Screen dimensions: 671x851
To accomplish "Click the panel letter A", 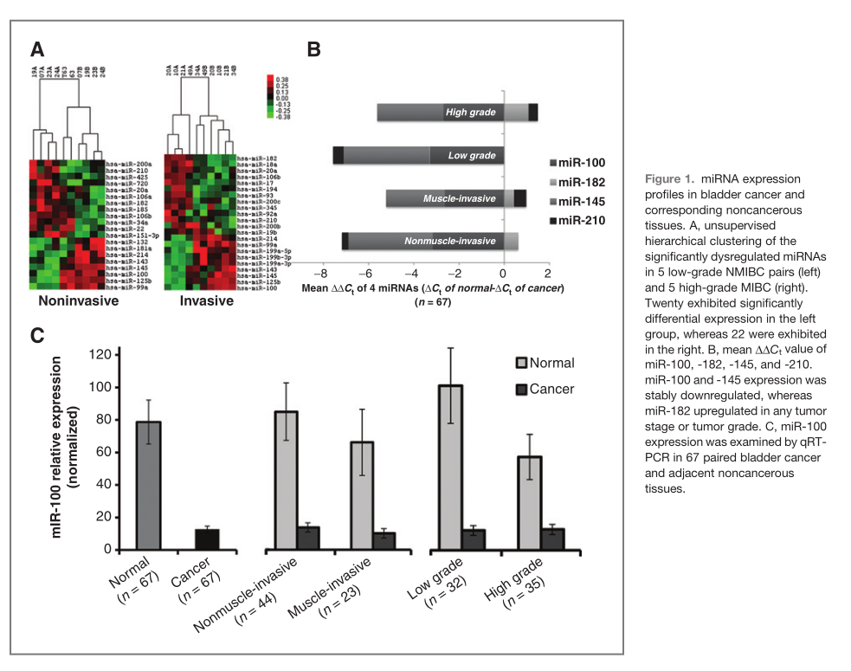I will [38, 48].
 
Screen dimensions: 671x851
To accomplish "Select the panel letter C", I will [38, 336].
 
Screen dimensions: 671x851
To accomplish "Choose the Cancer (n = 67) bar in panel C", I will [206, 539].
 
